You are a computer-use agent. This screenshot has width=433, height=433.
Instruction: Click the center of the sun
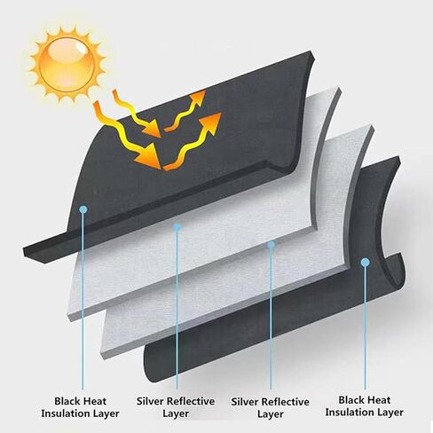(x=68, y=64)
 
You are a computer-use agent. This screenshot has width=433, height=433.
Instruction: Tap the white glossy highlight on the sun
(x=80, y=47)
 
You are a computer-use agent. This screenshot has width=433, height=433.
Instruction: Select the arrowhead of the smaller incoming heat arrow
(x=152, y=129)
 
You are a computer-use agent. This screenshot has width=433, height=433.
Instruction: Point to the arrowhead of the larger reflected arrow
(x=210, y=122)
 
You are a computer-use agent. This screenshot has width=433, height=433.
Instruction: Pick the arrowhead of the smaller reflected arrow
(x=198, y=98)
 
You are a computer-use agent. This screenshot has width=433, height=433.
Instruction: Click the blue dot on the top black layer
(x=83, y=209)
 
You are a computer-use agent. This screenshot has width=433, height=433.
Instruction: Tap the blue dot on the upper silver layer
(x=177, y=227)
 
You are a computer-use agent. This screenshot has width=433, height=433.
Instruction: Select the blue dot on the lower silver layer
(x=271, y=245)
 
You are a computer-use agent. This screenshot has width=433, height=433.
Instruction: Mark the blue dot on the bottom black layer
(x=366, y=262)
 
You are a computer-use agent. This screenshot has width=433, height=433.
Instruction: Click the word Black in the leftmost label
(x=67, y=401)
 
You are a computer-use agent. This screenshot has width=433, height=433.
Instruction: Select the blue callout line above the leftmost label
(x=83, y=301)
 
